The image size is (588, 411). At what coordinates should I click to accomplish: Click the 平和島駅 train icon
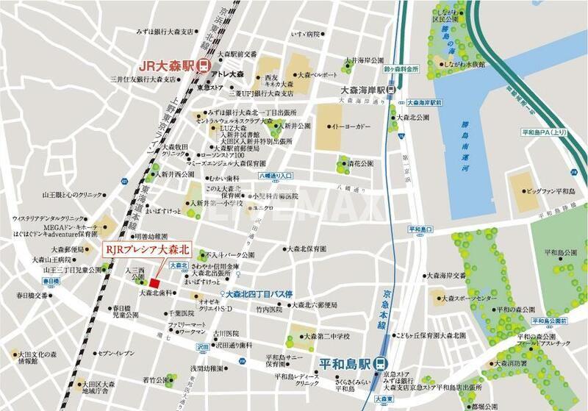tap(379, 363)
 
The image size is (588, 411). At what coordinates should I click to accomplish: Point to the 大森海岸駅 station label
tap(362, 90)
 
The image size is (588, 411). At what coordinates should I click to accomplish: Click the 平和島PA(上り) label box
tap(545, 132)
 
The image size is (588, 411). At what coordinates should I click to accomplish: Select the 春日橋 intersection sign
tap(51, 282)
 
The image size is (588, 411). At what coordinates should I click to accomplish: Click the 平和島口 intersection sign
tap(423, 229)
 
